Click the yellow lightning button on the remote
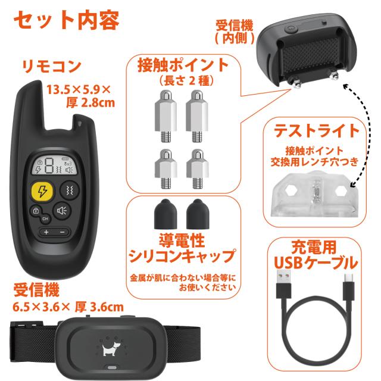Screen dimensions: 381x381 (42, 191)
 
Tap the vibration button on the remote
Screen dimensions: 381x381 (70, 190)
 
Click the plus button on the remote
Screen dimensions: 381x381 (46, 232)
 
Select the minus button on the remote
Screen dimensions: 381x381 (63, 232)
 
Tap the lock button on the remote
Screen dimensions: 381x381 (36, 210)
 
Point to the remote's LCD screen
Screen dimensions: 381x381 (54, 165)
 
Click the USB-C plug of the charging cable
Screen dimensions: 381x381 (349, 287)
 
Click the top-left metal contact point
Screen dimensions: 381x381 (165, 116)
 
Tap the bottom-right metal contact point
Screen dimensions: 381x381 (198, 169)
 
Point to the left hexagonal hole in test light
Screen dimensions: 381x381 (291, 191)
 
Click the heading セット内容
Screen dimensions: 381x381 (67, 20)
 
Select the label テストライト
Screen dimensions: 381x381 (316, 131)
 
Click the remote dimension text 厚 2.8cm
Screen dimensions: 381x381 (90, 102)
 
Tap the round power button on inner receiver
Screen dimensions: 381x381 (291, 29)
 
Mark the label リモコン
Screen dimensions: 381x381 (52, 66)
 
